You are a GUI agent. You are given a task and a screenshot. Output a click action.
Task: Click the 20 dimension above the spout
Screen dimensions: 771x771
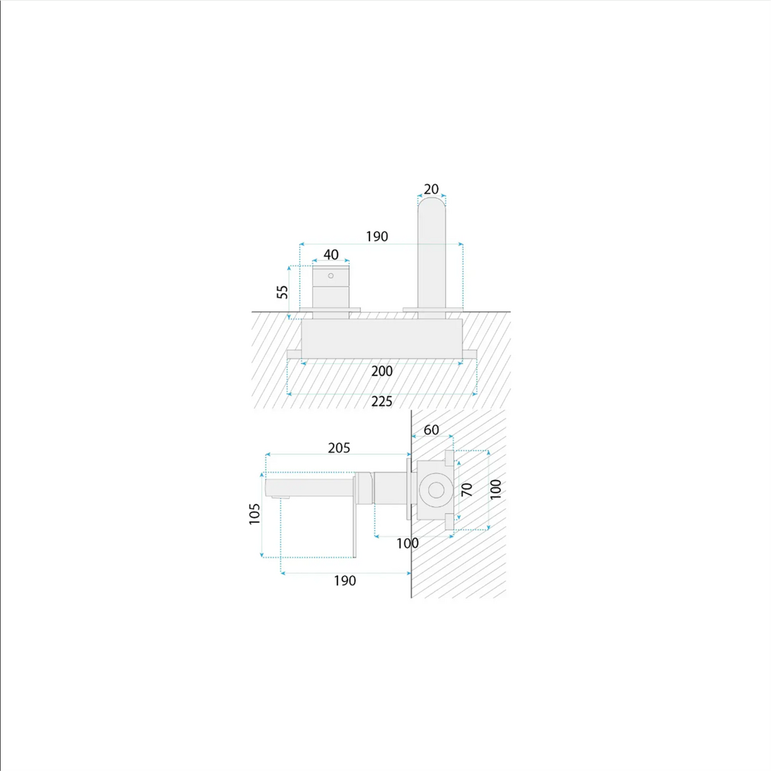click(431, 190)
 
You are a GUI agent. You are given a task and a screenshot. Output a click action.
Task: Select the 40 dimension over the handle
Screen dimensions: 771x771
click(331, 254)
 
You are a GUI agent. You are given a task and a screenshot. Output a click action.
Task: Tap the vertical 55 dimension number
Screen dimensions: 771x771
click(283, 292)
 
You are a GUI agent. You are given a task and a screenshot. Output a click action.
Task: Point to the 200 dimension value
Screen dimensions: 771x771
click(382, 371)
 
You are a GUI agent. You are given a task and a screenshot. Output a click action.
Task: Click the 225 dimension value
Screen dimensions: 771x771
click(382, 402)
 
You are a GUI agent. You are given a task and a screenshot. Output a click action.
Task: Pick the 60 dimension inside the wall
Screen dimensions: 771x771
click(431, 430)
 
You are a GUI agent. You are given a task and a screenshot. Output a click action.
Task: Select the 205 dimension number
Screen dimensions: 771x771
click(339, 448)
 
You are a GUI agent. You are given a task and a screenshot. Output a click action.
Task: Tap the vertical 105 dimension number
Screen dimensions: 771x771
click(254, 514)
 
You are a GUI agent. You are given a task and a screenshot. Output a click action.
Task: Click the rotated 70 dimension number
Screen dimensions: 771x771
click(466, 490)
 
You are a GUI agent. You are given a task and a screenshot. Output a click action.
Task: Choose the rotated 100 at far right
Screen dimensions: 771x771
click(495, 489)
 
